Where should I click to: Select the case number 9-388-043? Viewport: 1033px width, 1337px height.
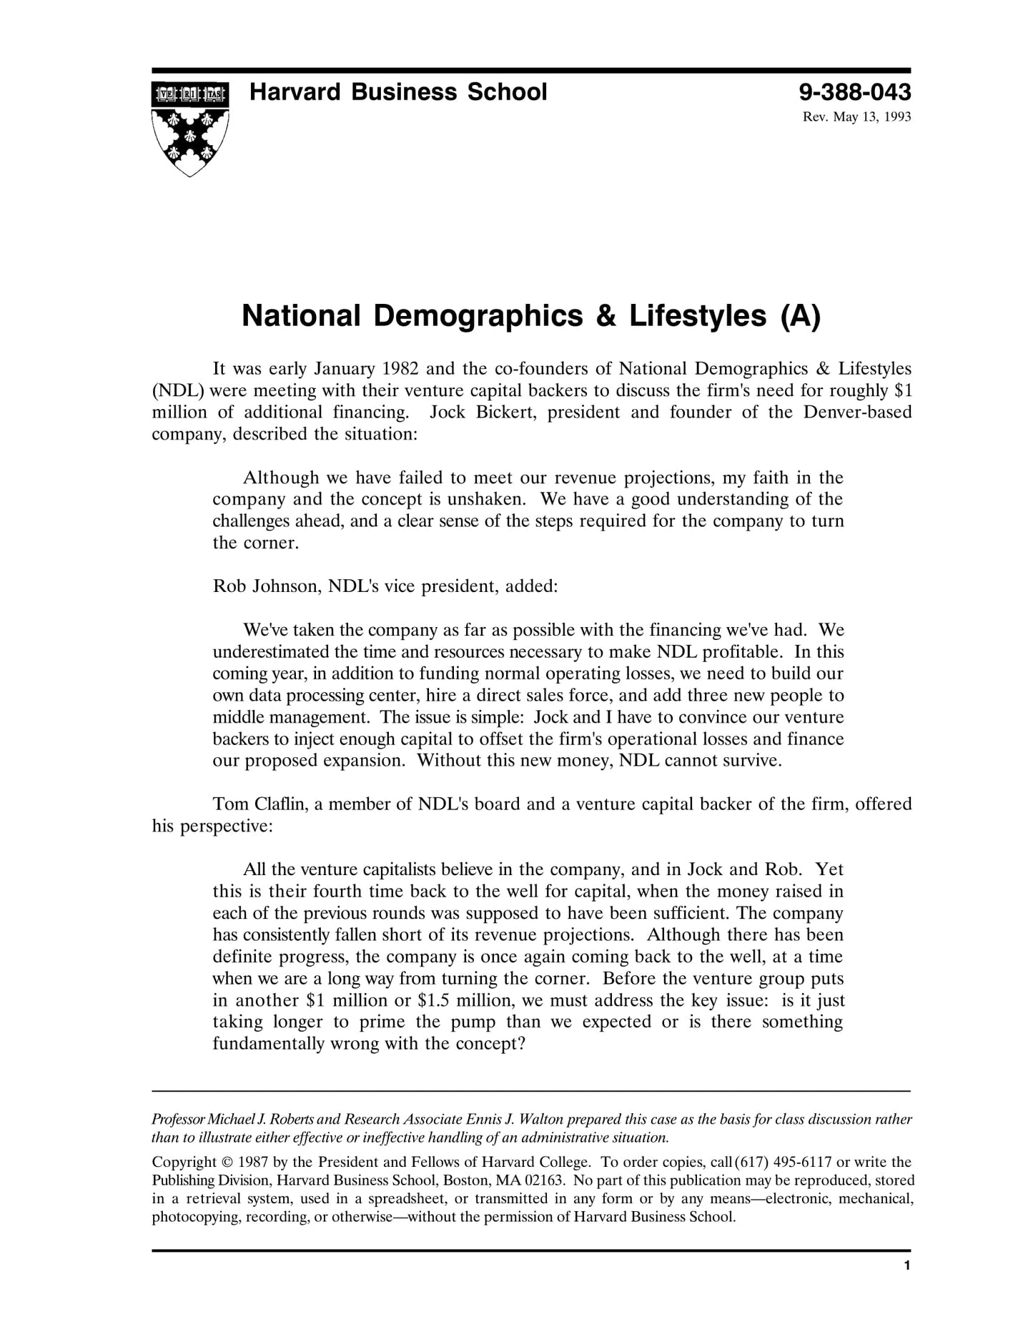click(x=855, y=92)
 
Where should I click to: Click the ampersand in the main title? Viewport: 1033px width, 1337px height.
click(x=605, y=316)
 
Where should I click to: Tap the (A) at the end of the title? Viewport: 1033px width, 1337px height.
click(x=800, y=316)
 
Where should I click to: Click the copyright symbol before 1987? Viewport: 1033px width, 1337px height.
click(x=227, y=1163)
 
